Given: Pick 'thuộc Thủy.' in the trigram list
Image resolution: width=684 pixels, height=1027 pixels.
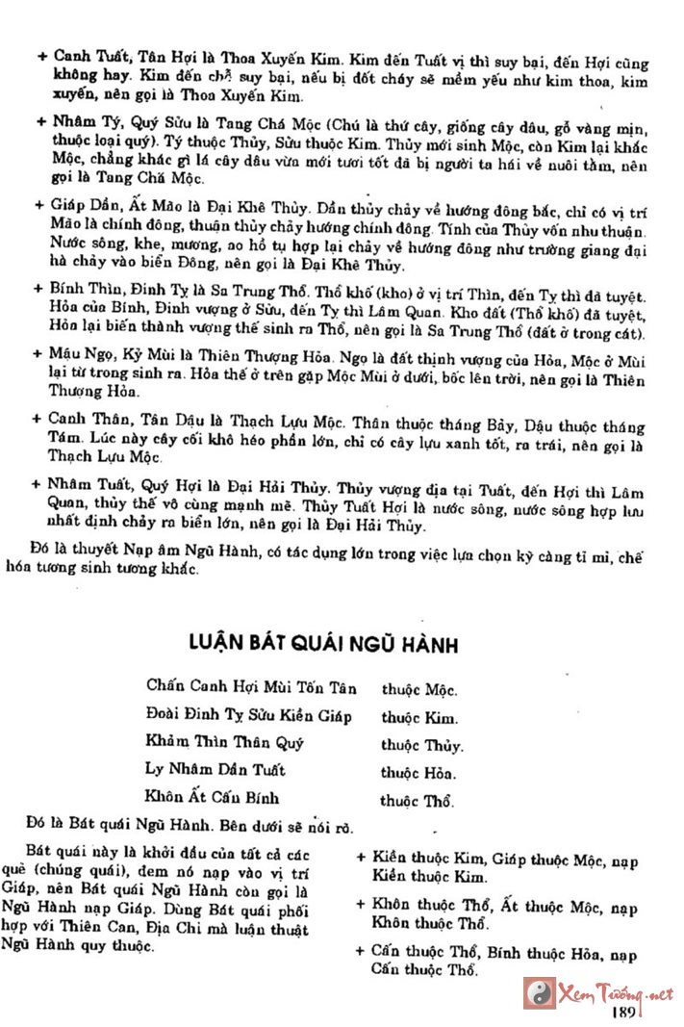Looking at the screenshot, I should [421, 745].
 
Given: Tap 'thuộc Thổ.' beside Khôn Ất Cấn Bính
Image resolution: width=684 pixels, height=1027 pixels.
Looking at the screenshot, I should [418, 800].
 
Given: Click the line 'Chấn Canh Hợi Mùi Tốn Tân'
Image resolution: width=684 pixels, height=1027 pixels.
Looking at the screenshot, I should [251, 687].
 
